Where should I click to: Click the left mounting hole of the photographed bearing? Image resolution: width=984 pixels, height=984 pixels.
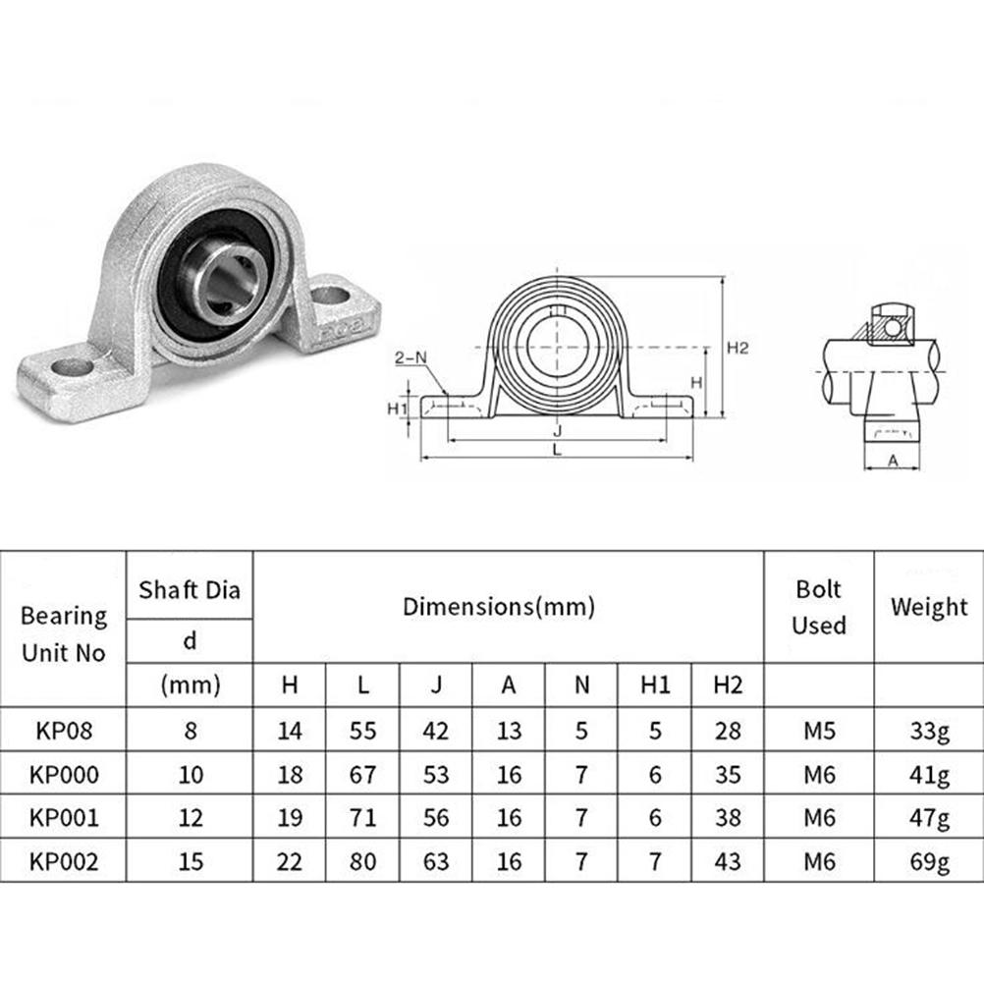coord(73,366)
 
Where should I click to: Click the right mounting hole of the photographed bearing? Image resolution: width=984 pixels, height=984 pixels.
coord(329,295)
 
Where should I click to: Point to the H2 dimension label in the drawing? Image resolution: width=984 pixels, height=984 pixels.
coord(738,348)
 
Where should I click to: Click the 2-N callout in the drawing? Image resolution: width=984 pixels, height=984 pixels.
coord(410,357)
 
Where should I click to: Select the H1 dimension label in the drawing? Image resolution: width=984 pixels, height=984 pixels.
coord(398,409)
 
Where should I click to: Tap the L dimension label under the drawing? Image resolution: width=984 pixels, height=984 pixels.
coord(557,449)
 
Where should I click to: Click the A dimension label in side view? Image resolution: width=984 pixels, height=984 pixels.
coord(893,461)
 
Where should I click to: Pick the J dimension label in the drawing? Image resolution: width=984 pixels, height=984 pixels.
coord(557,430)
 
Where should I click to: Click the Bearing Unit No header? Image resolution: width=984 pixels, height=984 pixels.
coord(64,633)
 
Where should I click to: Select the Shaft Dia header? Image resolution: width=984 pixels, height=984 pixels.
coord(190,590)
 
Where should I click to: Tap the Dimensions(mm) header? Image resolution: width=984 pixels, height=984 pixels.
coord(499,607)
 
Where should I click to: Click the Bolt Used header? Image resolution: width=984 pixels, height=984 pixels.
coord(819,607)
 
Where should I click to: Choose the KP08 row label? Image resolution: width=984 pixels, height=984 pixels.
coord(64,731)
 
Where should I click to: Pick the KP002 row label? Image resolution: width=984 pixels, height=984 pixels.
coord(64,861)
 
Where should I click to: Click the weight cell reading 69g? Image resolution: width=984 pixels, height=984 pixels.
coord(929,861)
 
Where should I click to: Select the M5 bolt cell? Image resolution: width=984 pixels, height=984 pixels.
coord(820,731)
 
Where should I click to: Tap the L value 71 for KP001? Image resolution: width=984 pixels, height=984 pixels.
coord(362,818)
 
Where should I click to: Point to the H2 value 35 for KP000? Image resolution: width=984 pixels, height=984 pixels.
coord(728,775)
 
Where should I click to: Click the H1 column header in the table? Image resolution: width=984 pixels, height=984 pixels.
coord(655,685)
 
